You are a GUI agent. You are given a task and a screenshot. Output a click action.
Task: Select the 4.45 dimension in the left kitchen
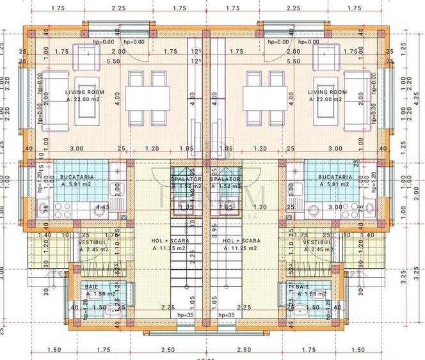pos(101,208)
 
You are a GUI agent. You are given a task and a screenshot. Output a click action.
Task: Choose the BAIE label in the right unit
pos(302,288)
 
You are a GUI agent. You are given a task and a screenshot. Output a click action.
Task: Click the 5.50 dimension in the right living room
pos(294,61)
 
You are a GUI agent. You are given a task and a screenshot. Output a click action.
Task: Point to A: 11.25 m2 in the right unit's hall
pos(240,249)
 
